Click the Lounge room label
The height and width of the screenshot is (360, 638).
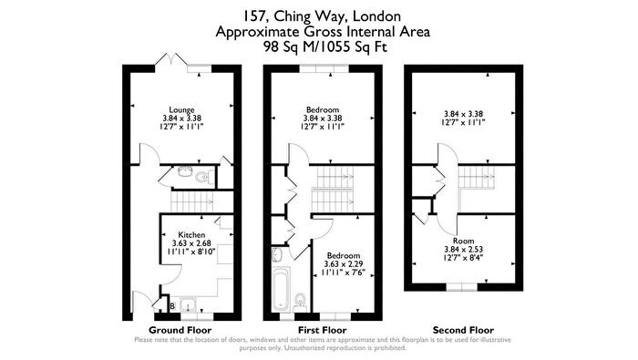pos(181,110)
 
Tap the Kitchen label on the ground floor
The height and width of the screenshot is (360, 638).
pos(191,235)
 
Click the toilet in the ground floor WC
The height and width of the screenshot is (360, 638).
pos(202,177)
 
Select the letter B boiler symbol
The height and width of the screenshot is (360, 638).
pos(172,306)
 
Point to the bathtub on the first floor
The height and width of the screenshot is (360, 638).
pos(282,288)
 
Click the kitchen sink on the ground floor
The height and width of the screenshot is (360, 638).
pos(189,304)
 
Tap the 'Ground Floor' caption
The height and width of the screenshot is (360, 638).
pos(180,330)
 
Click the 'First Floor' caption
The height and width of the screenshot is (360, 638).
pos(323,330)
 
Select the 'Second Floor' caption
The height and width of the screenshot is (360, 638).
pos(463,330)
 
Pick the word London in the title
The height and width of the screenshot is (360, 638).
pos(376,16)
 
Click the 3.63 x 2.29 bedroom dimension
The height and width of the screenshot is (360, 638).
pos(344,264)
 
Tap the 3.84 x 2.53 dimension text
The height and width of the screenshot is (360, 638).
pos(463,250)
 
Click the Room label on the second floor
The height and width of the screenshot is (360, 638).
pos(463,241)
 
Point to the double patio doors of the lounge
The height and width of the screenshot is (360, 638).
pos(171,59)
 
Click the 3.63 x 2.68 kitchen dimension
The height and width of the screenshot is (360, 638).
pos(191,243)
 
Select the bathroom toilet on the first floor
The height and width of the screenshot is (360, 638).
pos(300,300)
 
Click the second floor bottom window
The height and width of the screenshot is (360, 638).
pos(462,287)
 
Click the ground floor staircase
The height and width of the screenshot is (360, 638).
pos(192,201)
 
